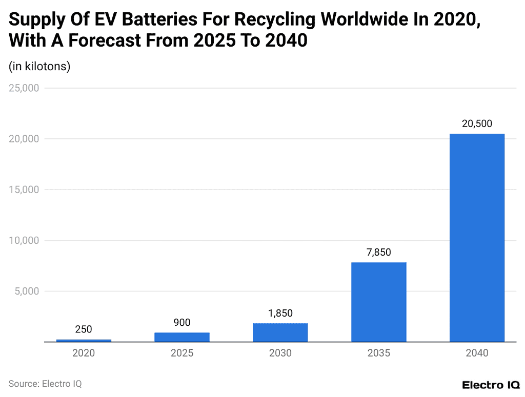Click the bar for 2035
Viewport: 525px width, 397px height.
(x=379, y=302)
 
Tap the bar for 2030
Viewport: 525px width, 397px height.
(x=280, y=332)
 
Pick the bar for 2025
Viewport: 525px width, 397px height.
(x=182, y=337)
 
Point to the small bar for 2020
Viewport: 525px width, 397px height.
(x=84, y=340)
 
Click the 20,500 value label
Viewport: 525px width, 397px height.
(x=477, y=123)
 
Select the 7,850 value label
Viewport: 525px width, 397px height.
(x=379, y=252)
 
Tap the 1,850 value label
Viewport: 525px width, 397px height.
(x=280, y=313)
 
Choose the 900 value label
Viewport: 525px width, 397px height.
(x=182, y=322)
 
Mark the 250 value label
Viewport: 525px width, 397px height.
(x=84, y=329)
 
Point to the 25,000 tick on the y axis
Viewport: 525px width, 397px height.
(x=24, y=88)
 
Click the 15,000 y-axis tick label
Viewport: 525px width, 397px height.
(x=24, y=190)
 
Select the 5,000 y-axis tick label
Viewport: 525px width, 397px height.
(x=27, y=291)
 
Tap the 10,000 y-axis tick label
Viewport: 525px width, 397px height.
(x=24, y=240)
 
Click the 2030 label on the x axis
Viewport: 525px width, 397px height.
(x=280, y=353)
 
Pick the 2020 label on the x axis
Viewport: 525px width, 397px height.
(x=84, y=353)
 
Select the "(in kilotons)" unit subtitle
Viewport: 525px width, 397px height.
(x=39, y=66)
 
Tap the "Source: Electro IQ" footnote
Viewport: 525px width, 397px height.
(x=45, y=383)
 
